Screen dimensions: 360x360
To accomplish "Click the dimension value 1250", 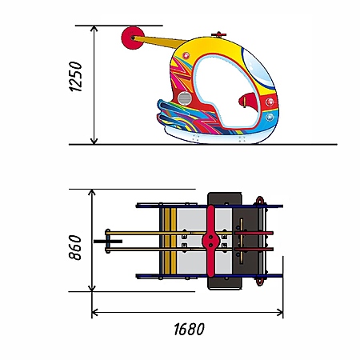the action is point(75,77).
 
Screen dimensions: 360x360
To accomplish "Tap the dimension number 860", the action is point(75,247).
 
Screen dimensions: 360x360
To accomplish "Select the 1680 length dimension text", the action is point(189,329).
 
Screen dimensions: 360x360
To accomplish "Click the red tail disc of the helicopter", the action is point(133,38).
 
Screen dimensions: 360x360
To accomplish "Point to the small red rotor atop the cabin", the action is point(218,34).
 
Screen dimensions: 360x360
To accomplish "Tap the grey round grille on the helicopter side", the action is point(185,98).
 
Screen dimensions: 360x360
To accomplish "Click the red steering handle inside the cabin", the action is point(249,101).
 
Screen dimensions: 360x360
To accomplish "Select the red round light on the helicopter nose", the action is point(270,102).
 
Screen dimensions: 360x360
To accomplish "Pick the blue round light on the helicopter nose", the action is point(270,117).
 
